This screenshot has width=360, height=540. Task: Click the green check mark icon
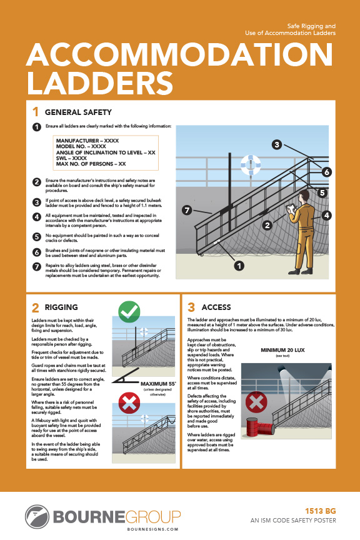point(129,311)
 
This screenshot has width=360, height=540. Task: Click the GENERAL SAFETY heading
point(78,112)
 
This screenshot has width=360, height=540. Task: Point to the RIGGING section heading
point(61,307)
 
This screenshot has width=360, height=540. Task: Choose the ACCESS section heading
point(216,307)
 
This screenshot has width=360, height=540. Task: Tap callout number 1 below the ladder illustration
point(238,266)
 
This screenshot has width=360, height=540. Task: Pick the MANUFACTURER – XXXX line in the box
point(87,141)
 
